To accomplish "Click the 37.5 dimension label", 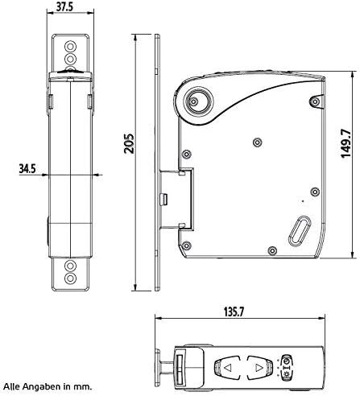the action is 64,6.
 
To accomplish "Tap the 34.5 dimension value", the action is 27,169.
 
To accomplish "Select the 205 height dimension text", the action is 129,143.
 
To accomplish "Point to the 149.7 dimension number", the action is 346,143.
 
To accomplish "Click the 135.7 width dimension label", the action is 234,311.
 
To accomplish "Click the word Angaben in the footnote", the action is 41,386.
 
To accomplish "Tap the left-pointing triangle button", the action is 227,368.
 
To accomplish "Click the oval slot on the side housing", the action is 300,231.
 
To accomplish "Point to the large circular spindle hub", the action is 197,101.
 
